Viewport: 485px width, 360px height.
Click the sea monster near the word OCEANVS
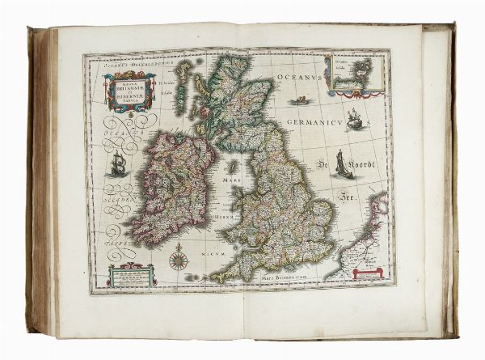point(301,100)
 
